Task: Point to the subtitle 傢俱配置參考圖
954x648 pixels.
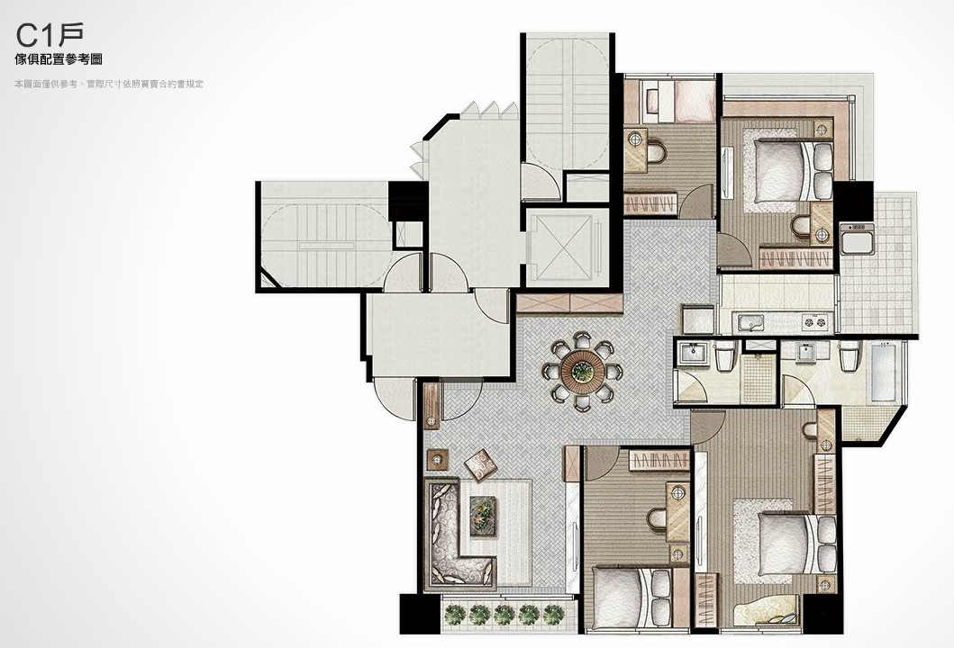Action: point(59,59)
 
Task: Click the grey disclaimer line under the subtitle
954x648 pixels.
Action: point(110,84)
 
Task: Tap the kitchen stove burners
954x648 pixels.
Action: point(814,320)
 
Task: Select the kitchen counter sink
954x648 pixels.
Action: point(751,321)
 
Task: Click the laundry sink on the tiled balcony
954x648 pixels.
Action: point(857,238)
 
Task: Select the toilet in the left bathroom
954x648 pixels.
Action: point(724,355)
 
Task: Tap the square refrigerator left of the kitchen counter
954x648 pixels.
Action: point(698,319)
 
